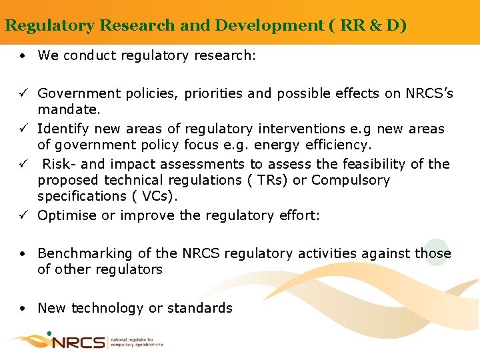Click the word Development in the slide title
coord(255,26)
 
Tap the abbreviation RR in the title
coord(351,26)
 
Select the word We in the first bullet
coord(48,55)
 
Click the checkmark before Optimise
coord(24,215)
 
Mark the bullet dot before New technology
coord(23,308)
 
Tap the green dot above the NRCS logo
coord(49,332)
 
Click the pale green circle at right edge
coord(437,252)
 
